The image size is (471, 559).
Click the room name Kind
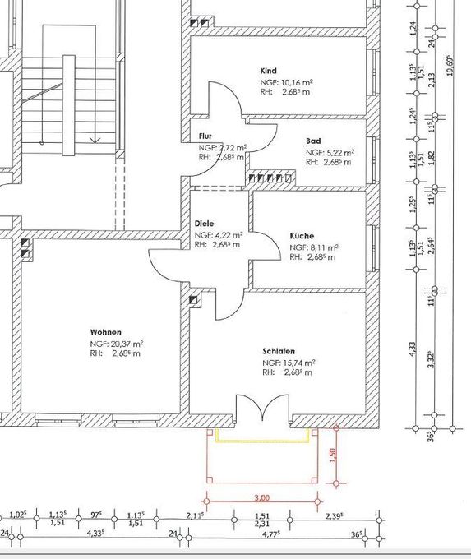click(x=269, y=71)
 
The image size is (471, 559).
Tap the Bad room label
click(x=312, y=141)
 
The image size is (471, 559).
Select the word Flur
click(x=205, y=136)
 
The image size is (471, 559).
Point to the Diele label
click(x=204, y=223)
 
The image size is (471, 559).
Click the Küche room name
click(x=302, y=236)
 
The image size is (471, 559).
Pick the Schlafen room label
click(x=279, y=350)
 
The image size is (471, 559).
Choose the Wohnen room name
click(x=106, y=331)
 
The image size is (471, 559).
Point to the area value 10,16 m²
click(x=296, y=82)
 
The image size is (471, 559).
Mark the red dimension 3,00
click(x=262, y=497)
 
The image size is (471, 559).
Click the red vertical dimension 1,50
click(x=332, y=455)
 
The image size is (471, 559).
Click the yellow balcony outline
click(x=263, y=441)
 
